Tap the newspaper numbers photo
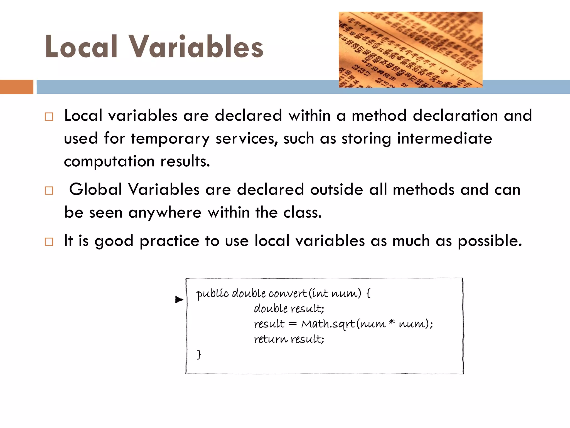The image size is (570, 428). tap(410, 50)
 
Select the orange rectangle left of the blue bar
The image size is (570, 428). tap(16, 87)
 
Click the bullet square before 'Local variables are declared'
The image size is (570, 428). tap(49, 116)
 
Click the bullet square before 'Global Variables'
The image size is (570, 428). tap(49, 191)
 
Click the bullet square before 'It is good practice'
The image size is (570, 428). tap(49, 242)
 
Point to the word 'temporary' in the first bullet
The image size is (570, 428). tap(170, 139)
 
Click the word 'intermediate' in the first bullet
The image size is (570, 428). tap(444, 138)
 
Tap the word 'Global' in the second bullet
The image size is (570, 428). tap(95, 189)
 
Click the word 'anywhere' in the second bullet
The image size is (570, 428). tap(165, 213)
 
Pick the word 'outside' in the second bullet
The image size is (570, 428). tap(336, 189)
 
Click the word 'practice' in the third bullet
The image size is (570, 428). tap(169, 241)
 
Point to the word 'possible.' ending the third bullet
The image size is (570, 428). tap(490, 241)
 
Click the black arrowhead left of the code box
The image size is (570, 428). tap(179, 300)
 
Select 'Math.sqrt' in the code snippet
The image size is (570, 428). tap(328, 324)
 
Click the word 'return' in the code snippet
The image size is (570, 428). tap(271, 339)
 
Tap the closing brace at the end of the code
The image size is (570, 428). tap(199, 354)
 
